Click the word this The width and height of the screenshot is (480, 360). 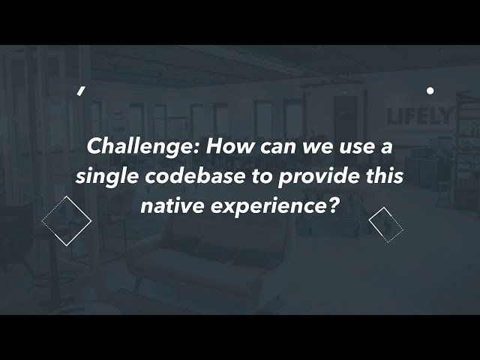pos(385,176)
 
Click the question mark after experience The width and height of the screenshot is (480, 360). pos(333,205)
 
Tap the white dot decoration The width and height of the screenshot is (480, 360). pos(430,91)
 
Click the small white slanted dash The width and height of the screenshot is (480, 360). pos(80,91)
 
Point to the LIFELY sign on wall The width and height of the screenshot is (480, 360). pos(418,116)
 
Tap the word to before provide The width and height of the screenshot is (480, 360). pos(262,177)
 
